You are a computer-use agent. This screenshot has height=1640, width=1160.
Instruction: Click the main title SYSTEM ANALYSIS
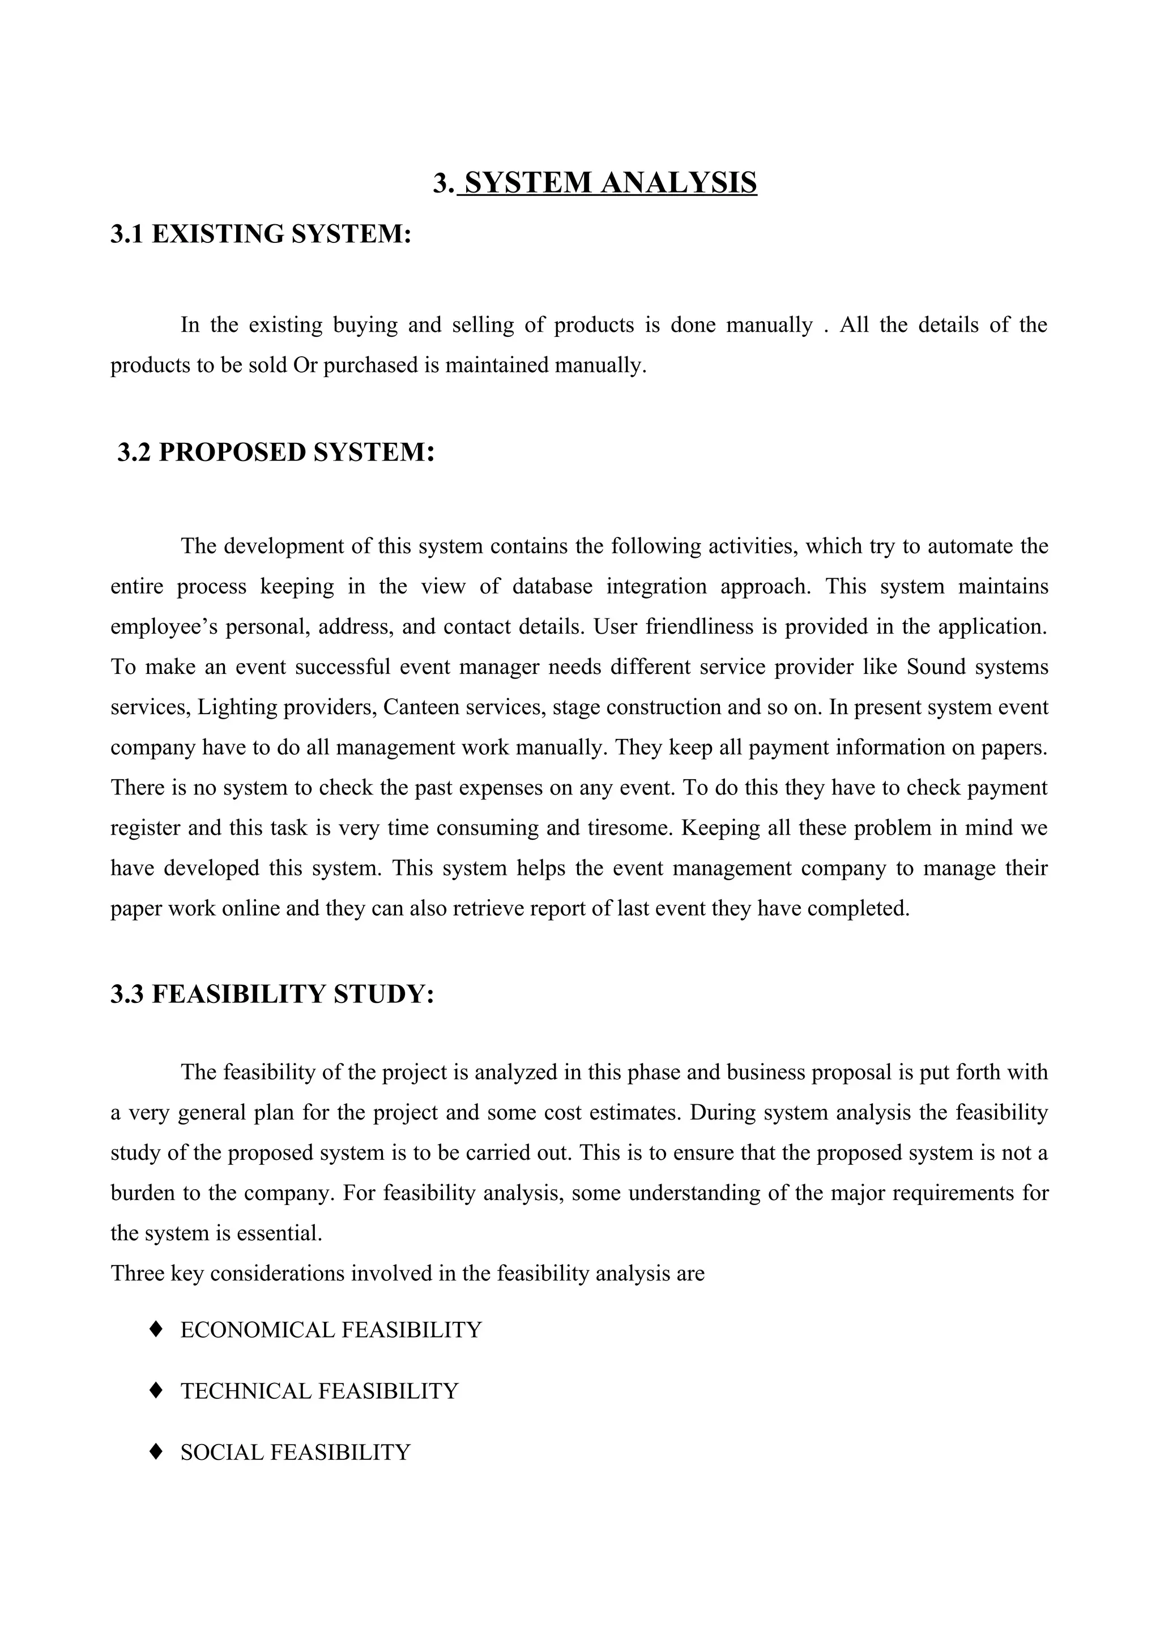tap(594, 183)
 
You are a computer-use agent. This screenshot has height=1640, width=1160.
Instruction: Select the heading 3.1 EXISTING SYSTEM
tap(261, 234)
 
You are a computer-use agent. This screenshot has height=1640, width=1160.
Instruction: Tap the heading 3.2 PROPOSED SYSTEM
tap(276, 452)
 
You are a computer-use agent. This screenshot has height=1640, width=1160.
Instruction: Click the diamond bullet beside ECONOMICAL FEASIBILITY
tap(156, 1329)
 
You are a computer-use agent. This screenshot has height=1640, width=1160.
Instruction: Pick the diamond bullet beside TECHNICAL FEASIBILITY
tap(156, 1390)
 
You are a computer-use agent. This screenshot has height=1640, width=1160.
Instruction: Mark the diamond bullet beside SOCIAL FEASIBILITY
tap(156, 1451)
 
